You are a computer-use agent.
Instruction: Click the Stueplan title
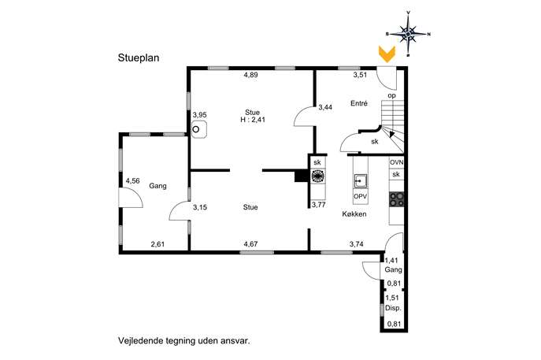coord(139,58)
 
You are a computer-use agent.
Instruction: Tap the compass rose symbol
coord(408,34)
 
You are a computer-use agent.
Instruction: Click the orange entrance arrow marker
coord(387,54)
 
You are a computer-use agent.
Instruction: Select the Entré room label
coord(359,103)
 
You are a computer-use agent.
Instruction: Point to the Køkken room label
coord(354,214)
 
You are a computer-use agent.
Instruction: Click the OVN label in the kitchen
coord(396,162)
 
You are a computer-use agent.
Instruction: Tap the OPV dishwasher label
coord(360,197)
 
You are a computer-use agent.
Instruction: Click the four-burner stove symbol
coord(396,199)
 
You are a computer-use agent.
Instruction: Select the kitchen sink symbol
coord(360,181)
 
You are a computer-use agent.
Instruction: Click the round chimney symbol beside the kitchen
coord(318,176)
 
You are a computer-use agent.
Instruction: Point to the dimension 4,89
coord(251,75)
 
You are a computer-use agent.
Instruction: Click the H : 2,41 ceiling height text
coord(253,120)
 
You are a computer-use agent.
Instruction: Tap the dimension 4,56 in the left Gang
coord(132,181)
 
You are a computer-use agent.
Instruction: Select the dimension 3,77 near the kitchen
coord(318,205)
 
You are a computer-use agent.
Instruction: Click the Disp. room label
coord(393,308)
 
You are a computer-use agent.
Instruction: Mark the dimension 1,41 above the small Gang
coord(391,261)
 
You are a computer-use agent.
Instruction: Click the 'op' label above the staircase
coord(391,95)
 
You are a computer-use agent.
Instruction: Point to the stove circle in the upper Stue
coord(195,129)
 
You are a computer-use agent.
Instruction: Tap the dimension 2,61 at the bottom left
coord(157,244)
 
